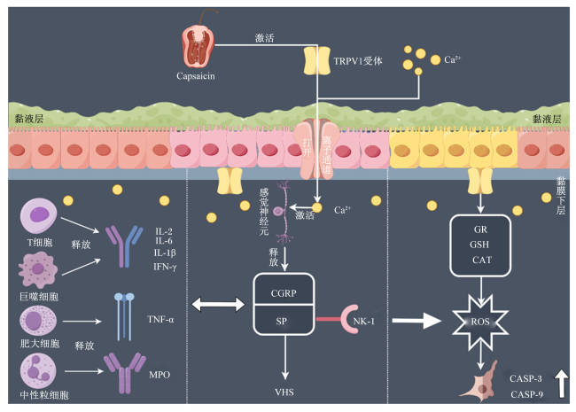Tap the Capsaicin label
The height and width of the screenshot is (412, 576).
196,76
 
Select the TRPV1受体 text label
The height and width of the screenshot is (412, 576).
358,61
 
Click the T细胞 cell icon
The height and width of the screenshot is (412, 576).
38,215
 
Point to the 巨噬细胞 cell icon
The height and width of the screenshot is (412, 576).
38,270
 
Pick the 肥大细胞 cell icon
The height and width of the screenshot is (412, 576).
38,320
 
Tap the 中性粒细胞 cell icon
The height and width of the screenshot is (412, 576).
38,371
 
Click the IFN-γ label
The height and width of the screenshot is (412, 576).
165,267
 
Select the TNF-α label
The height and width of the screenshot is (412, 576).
160,320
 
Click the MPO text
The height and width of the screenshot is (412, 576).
160,375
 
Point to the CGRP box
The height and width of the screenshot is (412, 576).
284,289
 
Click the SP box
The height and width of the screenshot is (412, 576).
284,320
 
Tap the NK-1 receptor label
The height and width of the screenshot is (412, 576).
363,322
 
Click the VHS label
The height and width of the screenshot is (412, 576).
284,393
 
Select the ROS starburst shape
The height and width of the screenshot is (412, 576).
480,322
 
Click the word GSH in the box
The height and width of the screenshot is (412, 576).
479,245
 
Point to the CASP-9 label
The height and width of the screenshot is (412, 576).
526,394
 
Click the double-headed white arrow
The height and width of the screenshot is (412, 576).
218,305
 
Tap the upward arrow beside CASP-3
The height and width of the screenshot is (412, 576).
561,384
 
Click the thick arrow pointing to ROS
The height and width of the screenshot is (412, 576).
416,321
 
